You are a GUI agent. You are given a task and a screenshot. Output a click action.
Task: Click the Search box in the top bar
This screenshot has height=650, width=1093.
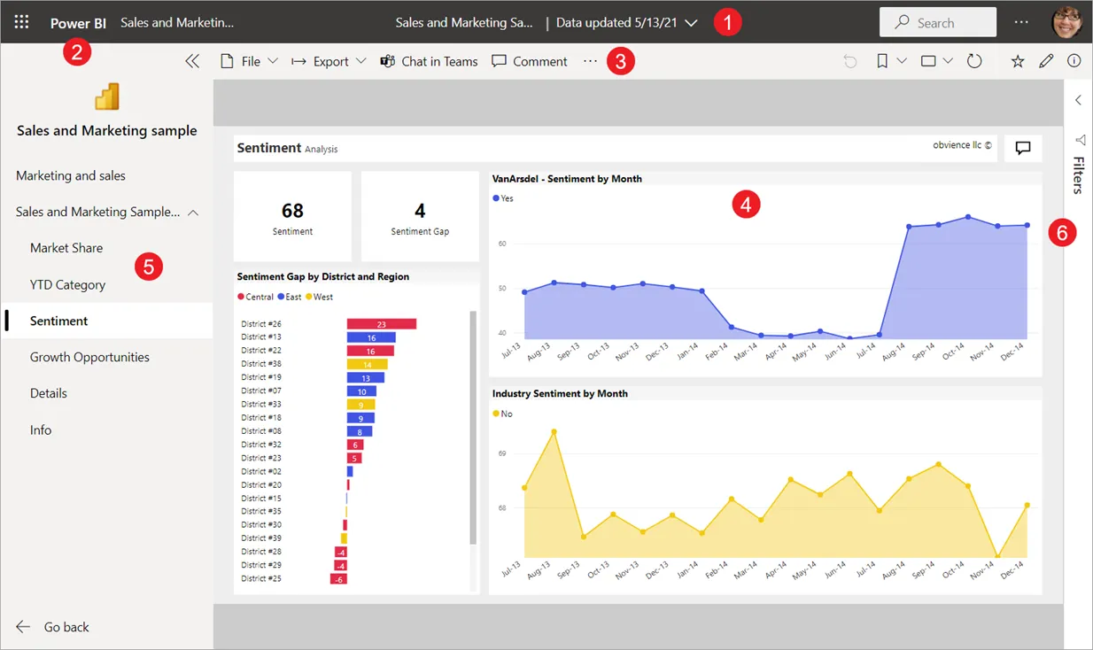tap(937, 22)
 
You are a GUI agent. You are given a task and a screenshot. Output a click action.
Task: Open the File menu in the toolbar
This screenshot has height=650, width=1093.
tap(249, 61)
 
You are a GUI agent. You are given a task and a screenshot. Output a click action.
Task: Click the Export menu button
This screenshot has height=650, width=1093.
tap(329, 61)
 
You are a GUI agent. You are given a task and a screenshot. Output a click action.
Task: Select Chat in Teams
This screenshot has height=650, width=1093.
tap(429, 61)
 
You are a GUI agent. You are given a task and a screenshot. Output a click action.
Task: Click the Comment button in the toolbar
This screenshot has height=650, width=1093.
tap(530, 61)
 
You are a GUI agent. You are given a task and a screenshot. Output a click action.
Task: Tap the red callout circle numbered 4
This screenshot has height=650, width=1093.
tap(746, 205)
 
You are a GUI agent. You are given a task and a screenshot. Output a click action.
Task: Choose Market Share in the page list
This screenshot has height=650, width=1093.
tap(66, 248)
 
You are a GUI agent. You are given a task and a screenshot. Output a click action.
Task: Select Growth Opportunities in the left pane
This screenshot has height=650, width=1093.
tap(89, 357)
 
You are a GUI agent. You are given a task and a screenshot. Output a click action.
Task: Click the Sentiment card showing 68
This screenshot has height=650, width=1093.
tap(292, 216)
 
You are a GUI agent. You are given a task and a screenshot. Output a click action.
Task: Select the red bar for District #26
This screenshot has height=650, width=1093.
tap(381, 324)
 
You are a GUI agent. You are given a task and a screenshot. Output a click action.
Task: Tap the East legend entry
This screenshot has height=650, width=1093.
tap(289, 297)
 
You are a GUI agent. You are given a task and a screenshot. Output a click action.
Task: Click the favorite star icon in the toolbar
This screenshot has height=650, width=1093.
tap(1018, 61)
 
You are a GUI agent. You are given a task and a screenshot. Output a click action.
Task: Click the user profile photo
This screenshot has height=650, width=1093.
tap(1066, 22)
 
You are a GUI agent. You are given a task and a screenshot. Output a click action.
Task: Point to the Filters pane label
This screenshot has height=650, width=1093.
tap(1078, 174)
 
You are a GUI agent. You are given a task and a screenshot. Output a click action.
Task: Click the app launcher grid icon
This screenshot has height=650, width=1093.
tap(22, 22)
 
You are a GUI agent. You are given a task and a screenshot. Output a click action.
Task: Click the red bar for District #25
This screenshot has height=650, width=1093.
tap(338, 578)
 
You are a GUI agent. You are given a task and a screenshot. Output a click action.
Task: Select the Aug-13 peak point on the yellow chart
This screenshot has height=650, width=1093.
tap(554, 432)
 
